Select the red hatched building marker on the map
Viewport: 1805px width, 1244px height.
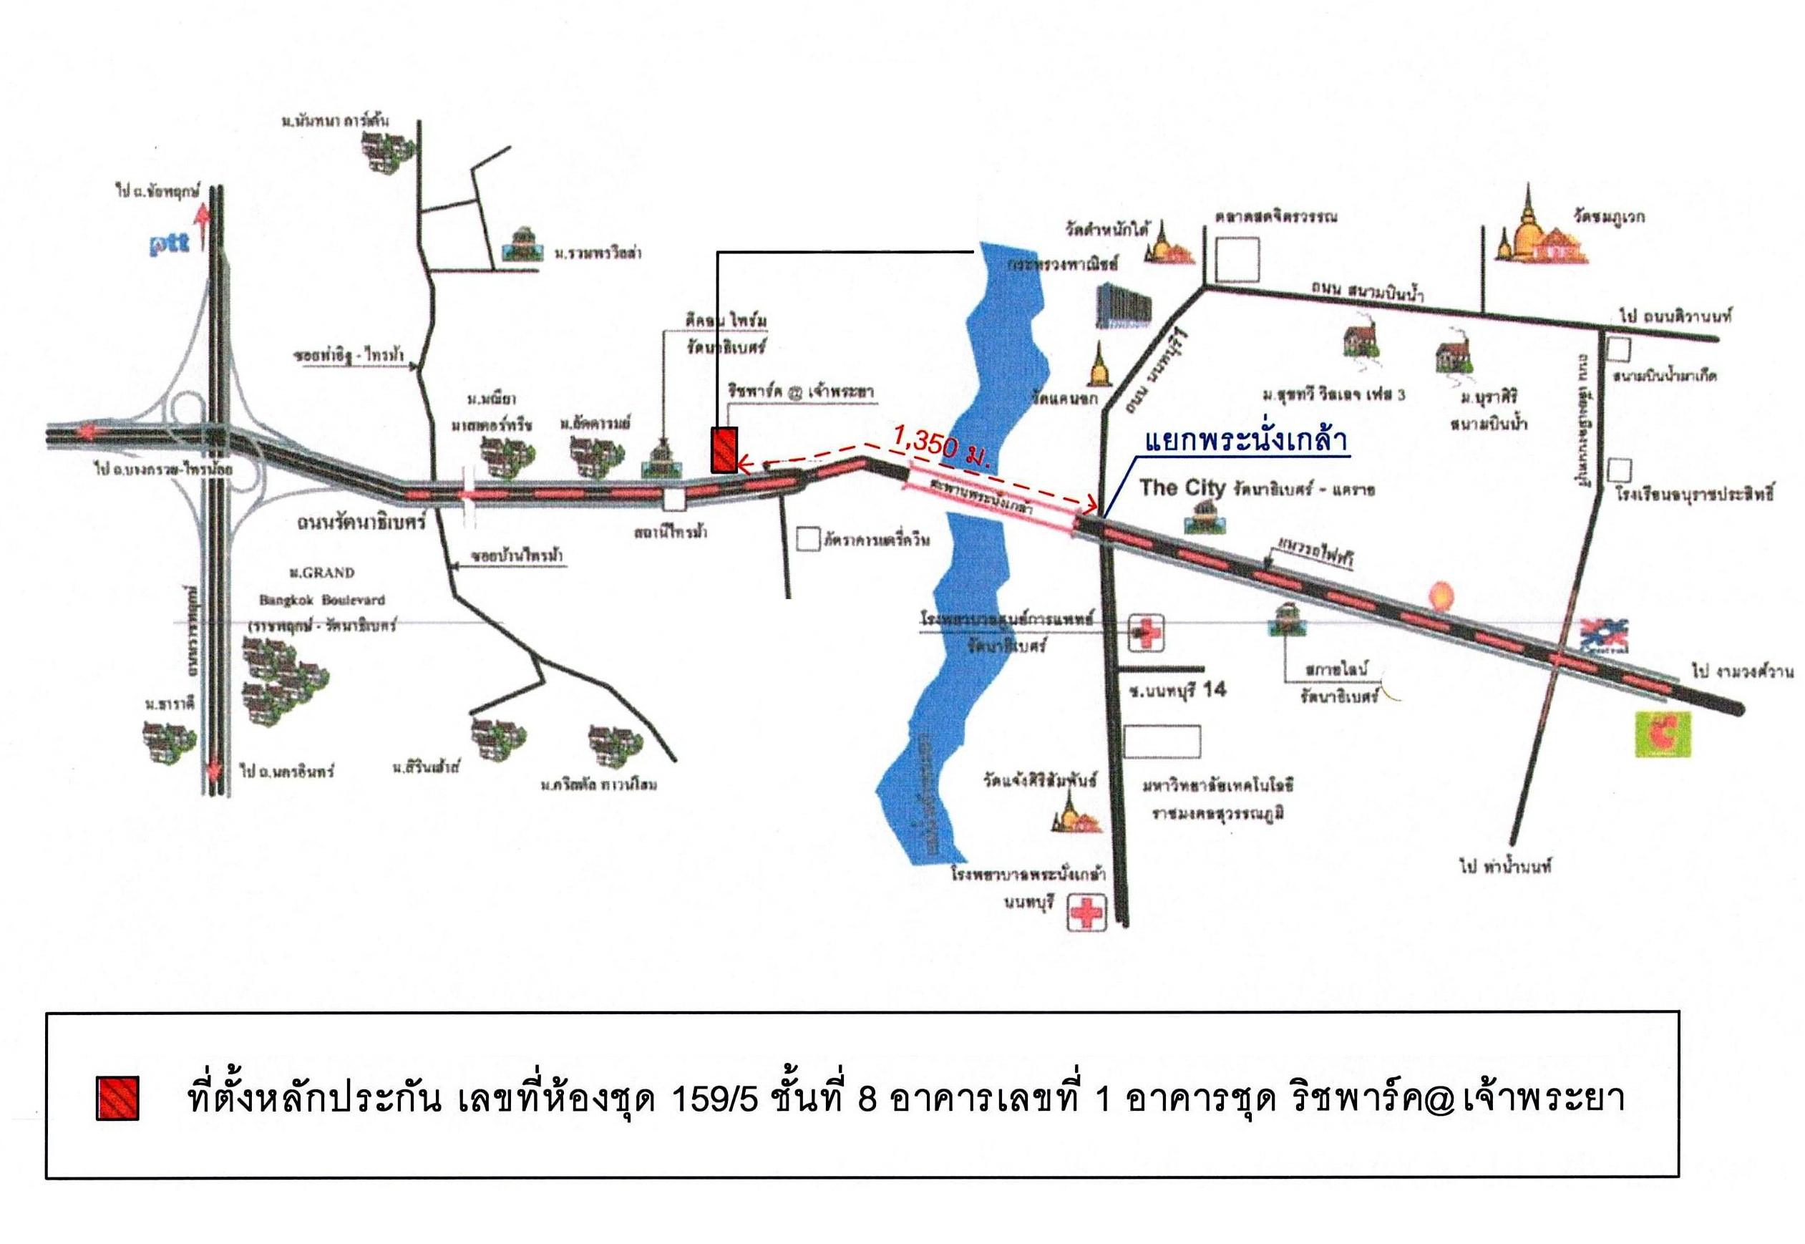[724, 449]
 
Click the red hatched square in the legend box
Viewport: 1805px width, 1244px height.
[117, 1098]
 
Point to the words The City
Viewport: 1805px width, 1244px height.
[1182, 489]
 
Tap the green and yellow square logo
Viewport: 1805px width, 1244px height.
[1663, 734]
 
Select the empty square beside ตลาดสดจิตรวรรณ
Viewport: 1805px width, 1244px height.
[1237, 260]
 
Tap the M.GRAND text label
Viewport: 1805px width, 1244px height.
[321, 573]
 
